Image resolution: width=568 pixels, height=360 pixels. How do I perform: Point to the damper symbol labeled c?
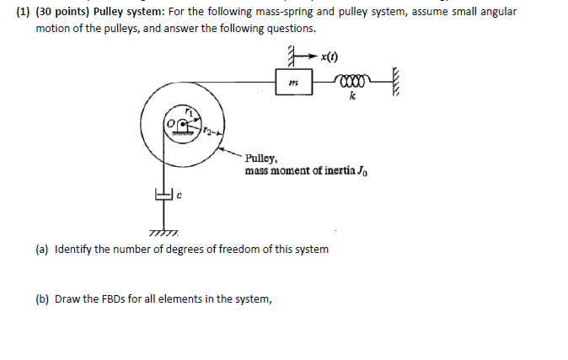pyautogui.click(x=161, y=196)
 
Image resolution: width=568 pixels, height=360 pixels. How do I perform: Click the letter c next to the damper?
pyautogui.click(x=179, y=195)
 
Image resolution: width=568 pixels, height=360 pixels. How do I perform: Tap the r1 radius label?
pyautogui.click(x=190, y=112)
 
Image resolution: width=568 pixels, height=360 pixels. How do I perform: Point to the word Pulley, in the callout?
pyautogui.click(x=260, y=158)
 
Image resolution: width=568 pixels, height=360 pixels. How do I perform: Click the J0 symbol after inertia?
pyautogui.click(x=363, y=170)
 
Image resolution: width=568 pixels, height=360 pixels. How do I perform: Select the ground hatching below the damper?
pyautogui.click(x=158, y=233)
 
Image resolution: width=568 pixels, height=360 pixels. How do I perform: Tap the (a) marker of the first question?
pyautogui.click(x=41, y=250)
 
